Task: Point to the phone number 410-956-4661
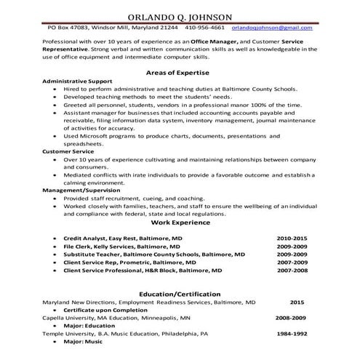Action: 204,28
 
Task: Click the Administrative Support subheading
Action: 76,81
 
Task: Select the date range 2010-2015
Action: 292,238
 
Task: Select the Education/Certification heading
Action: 180,293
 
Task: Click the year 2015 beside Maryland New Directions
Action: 296,301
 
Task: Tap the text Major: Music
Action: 83,341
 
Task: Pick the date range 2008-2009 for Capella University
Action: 291,317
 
